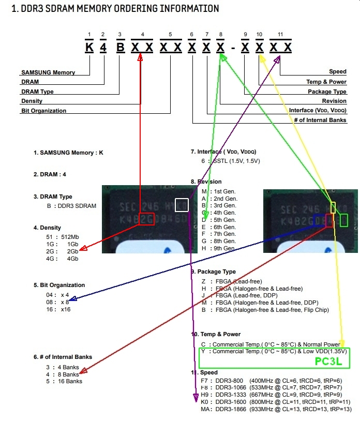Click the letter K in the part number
[x=90, y=48]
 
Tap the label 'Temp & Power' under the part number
[x=326, y=82]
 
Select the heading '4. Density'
[x=47, y=228]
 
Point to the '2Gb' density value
[x=72, y=251]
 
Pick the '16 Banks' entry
[x=71, y=382]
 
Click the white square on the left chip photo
[x=182, y=205]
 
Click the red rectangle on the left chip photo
[x=146, y=219]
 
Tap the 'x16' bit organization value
[x=66, y=309]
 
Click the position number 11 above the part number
[x=280, y=35]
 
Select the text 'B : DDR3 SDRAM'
[x=71, y=206]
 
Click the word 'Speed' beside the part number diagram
[x=338, y=72]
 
